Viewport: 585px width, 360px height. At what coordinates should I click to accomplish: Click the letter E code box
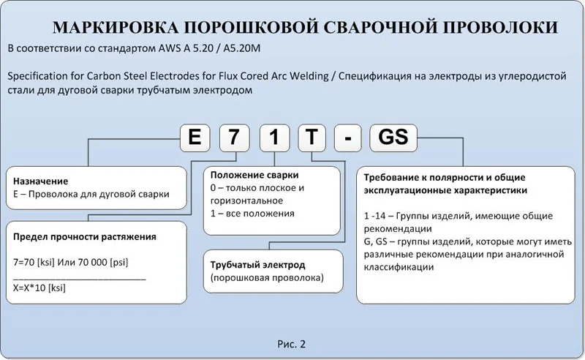195,138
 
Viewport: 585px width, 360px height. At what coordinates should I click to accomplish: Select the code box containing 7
234,138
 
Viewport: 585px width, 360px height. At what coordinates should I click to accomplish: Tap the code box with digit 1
273,138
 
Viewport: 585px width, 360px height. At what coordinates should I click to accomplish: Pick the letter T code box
312,138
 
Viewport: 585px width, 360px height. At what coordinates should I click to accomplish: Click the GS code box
393,138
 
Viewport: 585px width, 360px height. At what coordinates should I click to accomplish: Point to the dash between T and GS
350,139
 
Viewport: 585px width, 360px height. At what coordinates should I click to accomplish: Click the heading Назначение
41,181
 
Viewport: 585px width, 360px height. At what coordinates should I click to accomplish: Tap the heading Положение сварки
254,176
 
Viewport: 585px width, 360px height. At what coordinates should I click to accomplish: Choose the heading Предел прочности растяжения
85,237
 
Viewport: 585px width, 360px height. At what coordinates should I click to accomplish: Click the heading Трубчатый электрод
257,264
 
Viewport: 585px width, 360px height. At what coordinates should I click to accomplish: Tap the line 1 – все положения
252,214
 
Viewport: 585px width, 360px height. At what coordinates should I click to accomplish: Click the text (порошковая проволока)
266,278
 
